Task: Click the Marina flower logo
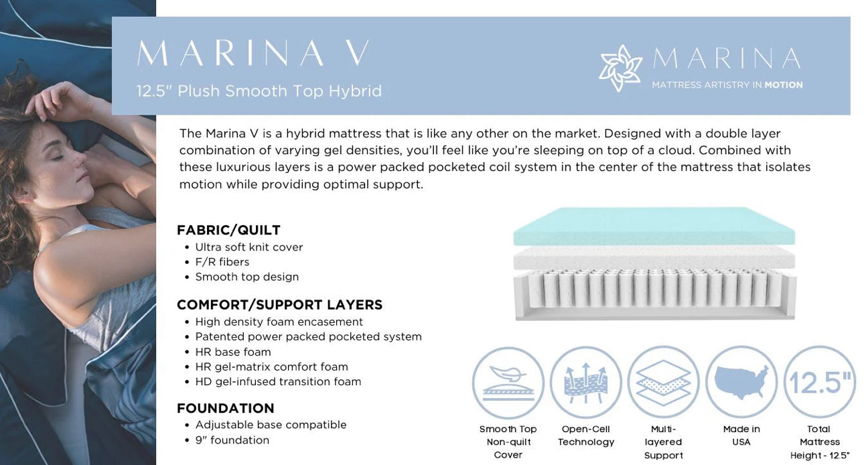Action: [x=620, y=68]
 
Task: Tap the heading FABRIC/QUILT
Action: [x=228, y=230]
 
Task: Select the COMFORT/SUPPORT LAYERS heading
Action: [x=279, y=304]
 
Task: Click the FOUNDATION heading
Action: [x=225, y=408]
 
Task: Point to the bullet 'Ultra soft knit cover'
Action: [x=248, y=247]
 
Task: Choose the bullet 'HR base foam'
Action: [x=232, y=352]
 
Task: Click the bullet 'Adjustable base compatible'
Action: [x=271, y=425]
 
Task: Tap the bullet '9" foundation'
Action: [x=232, y=440]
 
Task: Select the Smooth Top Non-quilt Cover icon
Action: [x=508, y=383]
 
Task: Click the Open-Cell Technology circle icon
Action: [x=585, y=383]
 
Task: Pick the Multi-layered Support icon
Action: [x=662, y=383]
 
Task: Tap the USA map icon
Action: [x=741, y=383]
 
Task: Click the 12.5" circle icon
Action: [x=819, y=383]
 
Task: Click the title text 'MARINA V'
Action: [x=253, y=54]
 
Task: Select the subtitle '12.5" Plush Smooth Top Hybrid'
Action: [x=259, y=91]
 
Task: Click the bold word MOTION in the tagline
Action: [x=783, y=85]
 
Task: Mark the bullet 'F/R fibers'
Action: [x=222, y=262]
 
